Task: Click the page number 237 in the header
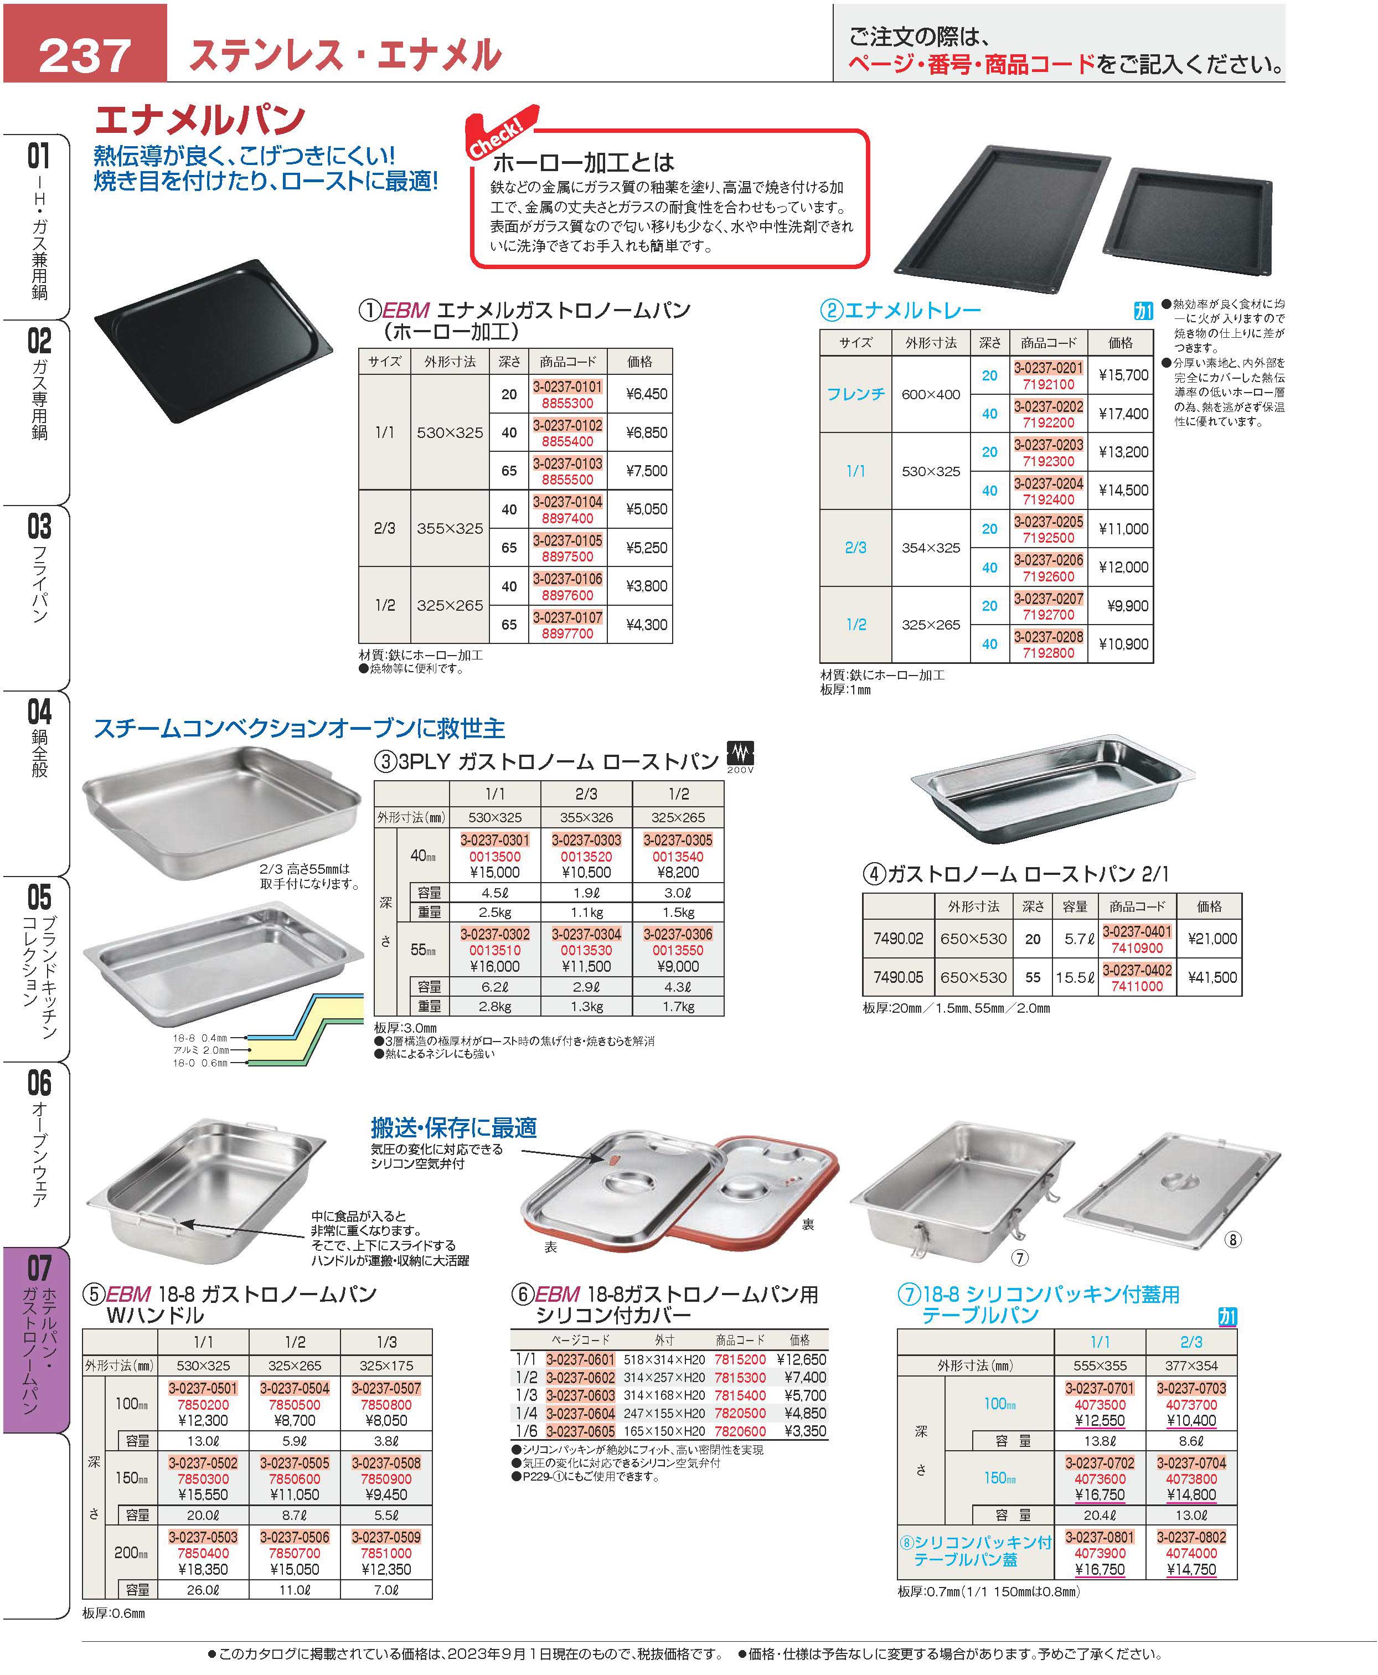[84, 55]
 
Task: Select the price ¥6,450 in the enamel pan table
[646, 394]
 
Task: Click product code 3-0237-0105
[567, 540]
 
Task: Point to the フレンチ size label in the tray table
[855, 394]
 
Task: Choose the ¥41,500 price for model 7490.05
[1212, 977]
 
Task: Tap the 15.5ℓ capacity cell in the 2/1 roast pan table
[1075, 977]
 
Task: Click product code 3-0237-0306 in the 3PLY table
[677, 934]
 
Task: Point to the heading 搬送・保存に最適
[453, 1127]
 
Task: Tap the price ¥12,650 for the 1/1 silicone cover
[801, 1359]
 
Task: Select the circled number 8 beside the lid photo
[1232, 1239]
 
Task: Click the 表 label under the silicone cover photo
[550, 1247]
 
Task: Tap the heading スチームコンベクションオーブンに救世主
[300, 728]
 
